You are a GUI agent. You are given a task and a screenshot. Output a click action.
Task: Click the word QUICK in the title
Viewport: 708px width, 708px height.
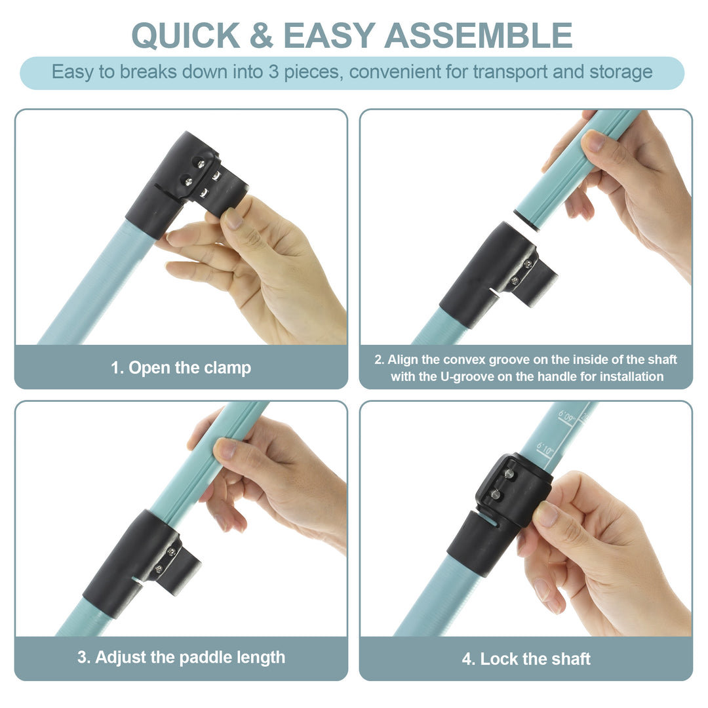186,35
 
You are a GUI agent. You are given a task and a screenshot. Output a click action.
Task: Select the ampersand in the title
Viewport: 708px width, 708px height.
262,35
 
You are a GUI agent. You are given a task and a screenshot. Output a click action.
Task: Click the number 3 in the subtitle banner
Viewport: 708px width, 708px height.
273,72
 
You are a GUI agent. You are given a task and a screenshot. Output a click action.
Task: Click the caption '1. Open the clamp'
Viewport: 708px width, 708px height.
181,368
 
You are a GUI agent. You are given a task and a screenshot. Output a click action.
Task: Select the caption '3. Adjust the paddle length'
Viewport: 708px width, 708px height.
181,657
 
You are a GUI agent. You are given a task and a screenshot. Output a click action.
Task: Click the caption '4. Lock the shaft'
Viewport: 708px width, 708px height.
526,659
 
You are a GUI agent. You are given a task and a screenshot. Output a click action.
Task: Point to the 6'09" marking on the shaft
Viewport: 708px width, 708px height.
567,416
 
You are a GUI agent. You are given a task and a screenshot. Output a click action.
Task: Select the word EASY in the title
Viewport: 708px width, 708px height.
330,35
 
